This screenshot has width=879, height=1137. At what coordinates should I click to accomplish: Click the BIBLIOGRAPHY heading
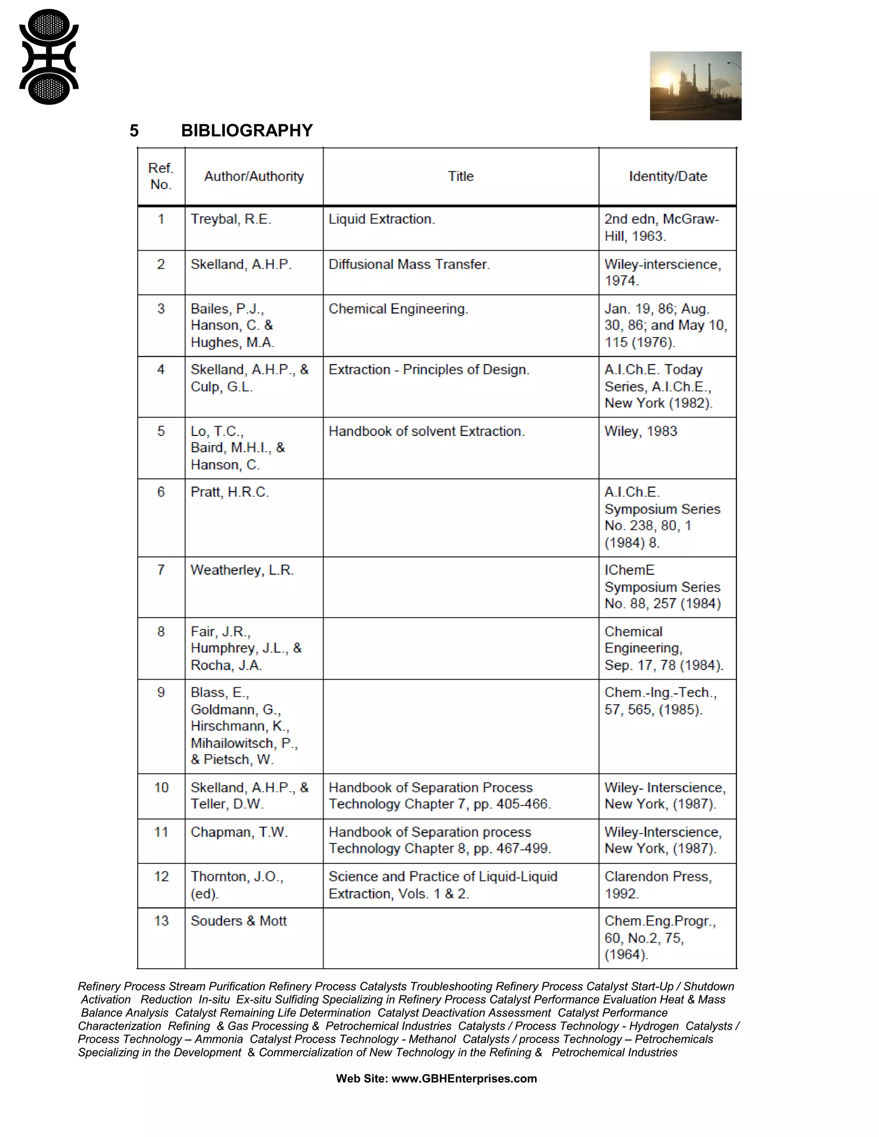click(x=247, y=131)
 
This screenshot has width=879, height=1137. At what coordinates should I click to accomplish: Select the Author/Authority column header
click(x=254, y=176)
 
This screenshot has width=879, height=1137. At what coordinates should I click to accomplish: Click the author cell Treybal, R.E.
click(x=230, y=219)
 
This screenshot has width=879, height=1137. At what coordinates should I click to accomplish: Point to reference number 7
click(x=161, y=570)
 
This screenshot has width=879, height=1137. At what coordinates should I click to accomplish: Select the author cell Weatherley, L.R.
click(x=242, y=570)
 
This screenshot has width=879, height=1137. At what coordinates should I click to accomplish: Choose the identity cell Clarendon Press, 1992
click(x=658, y=885)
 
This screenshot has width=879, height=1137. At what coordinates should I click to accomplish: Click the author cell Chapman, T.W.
click(x=239, y=832)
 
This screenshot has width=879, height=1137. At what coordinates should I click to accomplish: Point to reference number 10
click(x=161, y=788)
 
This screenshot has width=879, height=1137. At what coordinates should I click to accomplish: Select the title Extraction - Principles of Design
click(x=429, y=369)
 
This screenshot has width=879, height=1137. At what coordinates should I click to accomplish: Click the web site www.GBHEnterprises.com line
click(x=436, y=1079)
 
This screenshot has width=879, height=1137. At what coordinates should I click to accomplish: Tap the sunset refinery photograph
click(x=695, y=86)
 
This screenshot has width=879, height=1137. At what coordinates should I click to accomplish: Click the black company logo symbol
click(x=49, y=57)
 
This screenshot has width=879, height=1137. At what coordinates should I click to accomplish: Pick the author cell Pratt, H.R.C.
click(x=230, y=492)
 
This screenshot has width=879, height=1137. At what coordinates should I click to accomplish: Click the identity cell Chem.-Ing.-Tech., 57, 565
click(x=660, y=701)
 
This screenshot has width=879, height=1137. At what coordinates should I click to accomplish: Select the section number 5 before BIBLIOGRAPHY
click(x=134, y=131)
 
